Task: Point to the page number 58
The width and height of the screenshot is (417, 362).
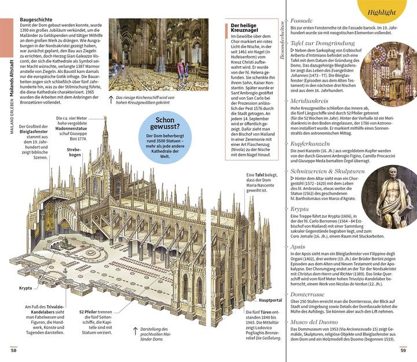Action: coord(13,349)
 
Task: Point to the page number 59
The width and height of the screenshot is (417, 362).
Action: coord(403,349)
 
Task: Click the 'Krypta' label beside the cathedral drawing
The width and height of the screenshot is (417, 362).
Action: coord(25,288)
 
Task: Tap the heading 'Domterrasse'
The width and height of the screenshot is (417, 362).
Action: coord(309,294)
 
